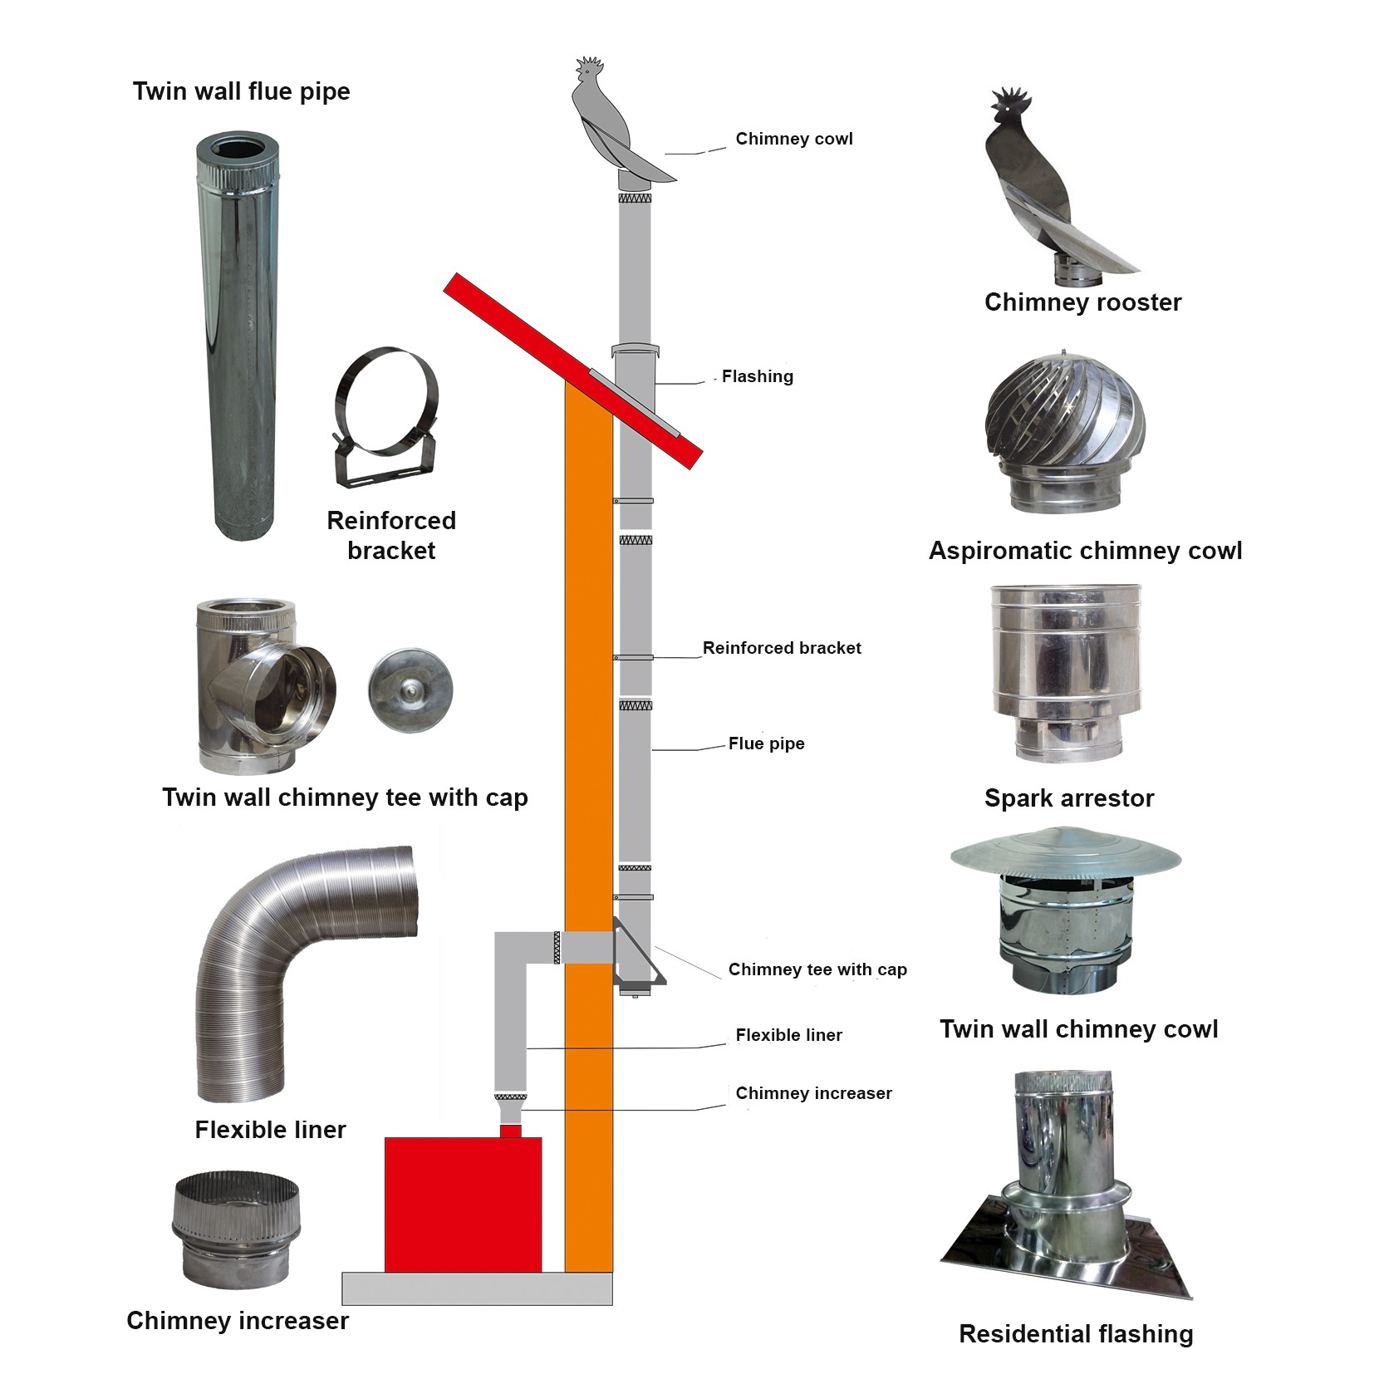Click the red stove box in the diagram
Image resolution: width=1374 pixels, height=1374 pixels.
(x=463, y=1204)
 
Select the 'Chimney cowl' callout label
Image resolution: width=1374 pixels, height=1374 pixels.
(x=794, y=139)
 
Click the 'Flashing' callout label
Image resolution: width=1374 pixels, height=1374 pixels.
(x=758, y=376)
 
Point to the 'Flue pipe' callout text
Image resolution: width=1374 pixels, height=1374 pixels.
(x=767, y=743)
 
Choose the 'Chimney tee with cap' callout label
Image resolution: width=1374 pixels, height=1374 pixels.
(x=817, y=969)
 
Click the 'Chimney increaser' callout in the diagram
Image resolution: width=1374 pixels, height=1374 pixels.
(x=814, y=1093)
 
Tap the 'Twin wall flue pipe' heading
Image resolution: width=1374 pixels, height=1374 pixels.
(x=242, y=91)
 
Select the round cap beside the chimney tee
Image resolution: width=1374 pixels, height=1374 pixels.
(x=410, y=690)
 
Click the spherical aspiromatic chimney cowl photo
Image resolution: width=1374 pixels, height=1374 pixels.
(x=1066, y=432)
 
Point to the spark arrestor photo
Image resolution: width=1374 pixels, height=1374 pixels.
(x=1066, y=673)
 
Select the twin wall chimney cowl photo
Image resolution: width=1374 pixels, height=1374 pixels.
(x=1066, y=909)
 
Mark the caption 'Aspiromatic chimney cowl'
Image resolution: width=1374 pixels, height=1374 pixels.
(x=1085, y=551)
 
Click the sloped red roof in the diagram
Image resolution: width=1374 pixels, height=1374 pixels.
(x=573, y=370)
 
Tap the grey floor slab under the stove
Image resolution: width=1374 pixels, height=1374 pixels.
(x=477, y=1288)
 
